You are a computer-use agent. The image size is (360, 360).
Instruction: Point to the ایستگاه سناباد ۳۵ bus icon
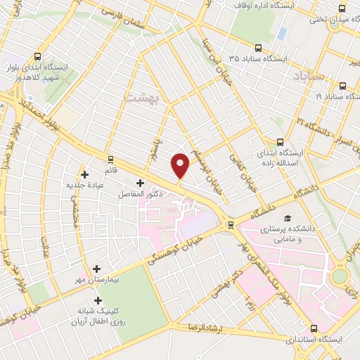coord(258,49)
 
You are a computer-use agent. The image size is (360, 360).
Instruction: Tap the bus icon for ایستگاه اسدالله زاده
coord(280,141)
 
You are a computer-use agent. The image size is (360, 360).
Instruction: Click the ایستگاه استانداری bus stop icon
coord(313,328)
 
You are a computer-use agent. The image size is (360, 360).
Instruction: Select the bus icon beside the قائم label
coord(110,159)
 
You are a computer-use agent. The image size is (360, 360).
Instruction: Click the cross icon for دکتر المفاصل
coord(140,183)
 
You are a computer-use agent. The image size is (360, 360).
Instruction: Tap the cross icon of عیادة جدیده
coord(85,174)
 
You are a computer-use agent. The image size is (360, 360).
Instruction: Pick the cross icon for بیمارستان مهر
coord(96,269)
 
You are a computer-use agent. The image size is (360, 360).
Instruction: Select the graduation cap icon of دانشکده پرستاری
coord(287,218)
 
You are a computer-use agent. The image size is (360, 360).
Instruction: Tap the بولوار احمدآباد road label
coord(34,108)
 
